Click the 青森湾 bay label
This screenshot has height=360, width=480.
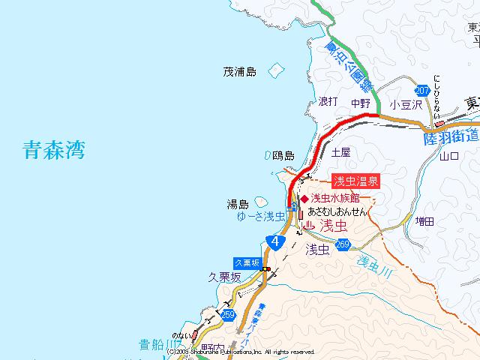(53, 151)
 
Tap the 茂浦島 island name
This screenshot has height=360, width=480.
(239, 73)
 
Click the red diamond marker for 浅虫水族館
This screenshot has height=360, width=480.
(304, 199)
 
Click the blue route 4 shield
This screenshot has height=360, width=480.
(275, 241)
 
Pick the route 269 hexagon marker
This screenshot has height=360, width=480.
(343, 244)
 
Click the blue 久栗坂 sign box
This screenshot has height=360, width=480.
(247, 262)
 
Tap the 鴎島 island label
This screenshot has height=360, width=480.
(283, 155)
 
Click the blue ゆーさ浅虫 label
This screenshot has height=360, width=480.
(259, 216)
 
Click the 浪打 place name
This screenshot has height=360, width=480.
(328, 101)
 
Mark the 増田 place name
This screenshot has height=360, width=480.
(424, 221)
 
